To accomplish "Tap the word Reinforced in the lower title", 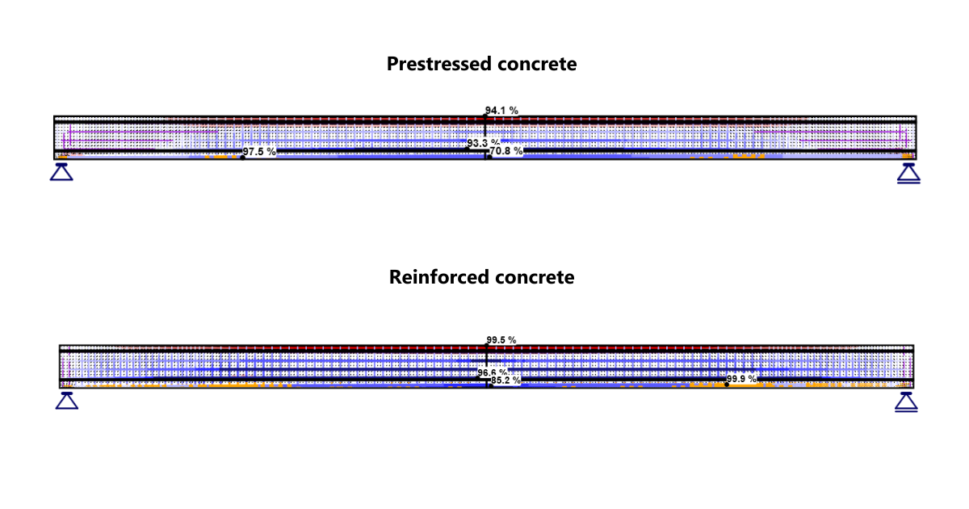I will (x=429, y=277).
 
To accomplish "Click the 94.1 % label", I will (x=501, y=110).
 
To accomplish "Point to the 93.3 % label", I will (x=483, y=143).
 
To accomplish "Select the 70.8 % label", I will (x=506, y=150).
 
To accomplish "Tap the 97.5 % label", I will (x=259, y=151).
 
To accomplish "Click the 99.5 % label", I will (x=501, y=340).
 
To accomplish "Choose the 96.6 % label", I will (x=493, y=372).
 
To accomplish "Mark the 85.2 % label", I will (x=505, y=380).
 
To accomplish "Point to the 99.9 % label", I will (x=742, y=378).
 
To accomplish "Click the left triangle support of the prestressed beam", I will (x=62, y=171).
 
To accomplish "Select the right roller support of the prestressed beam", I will (x=908, y=173).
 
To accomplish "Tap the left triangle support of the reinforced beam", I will (x=67, y=400).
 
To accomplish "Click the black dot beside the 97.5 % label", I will (x=242, y=157).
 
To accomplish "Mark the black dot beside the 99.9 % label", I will (x=727, y=385).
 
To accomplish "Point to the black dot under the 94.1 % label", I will (x=485, y=117).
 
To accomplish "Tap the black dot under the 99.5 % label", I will (x=486, y=347).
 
